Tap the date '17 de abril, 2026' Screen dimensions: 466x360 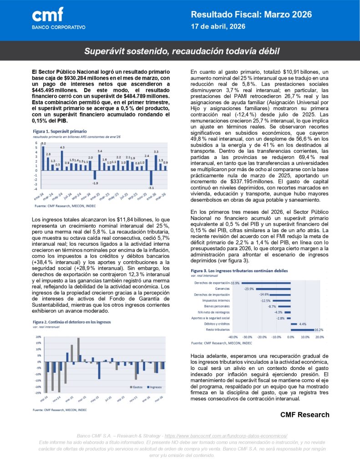pyautogui.click(x=218, y=27)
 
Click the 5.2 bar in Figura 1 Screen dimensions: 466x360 pyautogui.click(x=43, y=150)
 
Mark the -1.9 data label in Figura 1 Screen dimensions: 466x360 pyautogui.click(x=95, y=183)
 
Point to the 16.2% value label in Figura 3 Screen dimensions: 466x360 pyautogui.click(x=319, y=329)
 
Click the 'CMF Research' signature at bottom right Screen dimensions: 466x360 pyautogui.click(x=304, y=415)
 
